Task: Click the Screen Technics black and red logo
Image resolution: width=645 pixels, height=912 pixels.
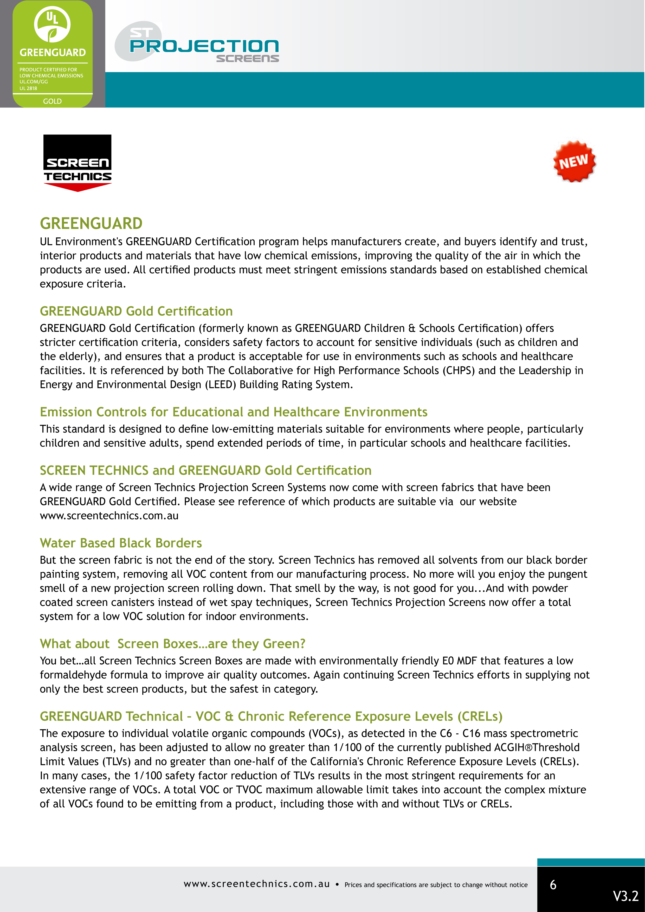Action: point(78,163)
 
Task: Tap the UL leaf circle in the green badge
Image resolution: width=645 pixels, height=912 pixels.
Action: point(53,25)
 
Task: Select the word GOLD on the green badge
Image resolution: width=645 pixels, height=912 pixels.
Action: point(53,101)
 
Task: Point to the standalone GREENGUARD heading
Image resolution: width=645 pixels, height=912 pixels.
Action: point(91,224)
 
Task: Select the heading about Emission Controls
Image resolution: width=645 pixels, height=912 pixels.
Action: point(234,412)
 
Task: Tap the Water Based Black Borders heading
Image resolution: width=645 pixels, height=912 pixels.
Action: point(121,543)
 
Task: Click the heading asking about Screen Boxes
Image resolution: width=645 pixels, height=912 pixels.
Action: point(172,643)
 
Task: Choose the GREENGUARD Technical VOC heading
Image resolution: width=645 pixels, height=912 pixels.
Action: point(271,716)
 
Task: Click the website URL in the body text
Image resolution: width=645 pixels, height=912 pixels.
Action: point(109,516)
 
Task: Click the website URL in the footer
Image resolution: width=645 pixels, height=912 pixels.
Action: point(257,884)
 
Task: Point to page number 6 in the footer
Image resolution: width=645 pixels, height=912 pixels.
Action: point(553,885)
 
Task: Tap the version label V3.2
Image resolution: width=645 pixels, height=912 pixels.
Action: point(625,896)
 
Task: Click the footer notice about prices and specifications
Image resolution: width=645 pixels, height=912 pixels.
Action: point(436,885)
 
